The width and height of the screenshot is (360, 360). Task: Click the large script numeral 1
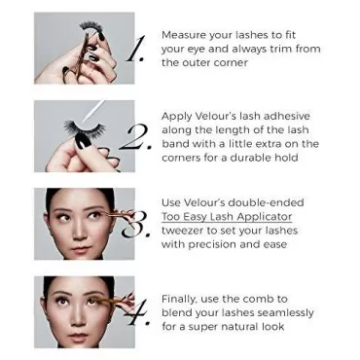pyautogui.click(x=135, y=49)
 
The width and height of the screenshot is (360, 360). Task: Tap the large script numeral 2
pyautogui.click(x=135, y=137)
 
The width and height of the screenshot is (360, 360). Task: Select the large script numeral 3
pyautogui.click(x=135, y=225)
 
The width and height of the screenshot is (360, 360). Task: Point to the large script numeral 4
pyautogui.click(x=137, y=312)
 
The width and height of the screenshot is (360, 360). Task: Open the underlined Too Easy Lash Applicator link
pyautogui.click(x=227, y=217)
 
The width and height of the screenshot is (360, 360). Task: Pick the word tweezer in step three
pyautogui.click(x=182, y=231)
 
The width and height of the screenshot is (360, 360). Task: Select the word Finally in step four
pyautogui.click(x=179, y=299)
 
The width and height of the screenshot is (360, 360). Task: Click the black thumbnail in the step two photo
pyautogui.click(x=82, y=142)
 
